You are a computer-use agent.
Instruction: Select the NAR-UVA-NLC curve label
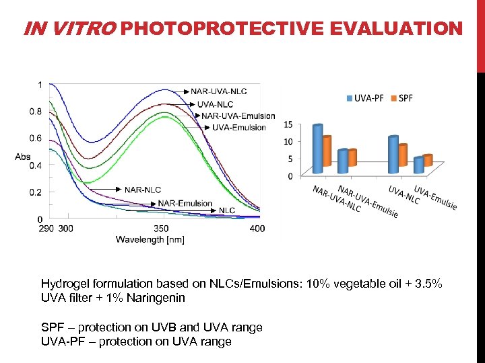point(218,91)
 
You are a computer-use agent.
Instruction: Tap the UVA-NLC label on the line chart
point(215,104)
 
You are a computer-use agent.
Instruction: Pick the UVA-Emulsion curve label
point(238,127)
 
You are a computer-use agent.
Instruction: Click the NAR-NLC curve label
point(142,190)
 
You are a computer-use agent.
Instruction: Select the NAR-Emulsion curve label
point(185,204)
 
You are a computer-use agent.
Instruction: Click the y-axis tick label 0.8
point(35,112)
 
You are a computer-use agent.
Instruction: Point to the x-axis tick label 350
point(162,229)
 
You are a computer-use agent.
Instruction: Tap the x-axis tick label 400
point(257,229)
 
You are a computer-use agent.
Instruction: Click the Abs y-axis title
point(23,157)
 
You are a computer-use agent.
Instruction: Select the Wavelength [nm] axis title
point(150,239)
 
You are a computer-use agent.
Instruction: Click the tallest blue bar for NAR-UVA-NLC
point(317,149)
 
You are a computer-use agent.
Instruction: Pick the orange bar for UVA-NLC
point(403,155)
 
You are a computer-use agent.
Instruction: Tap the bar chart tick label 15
point(288,124)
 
